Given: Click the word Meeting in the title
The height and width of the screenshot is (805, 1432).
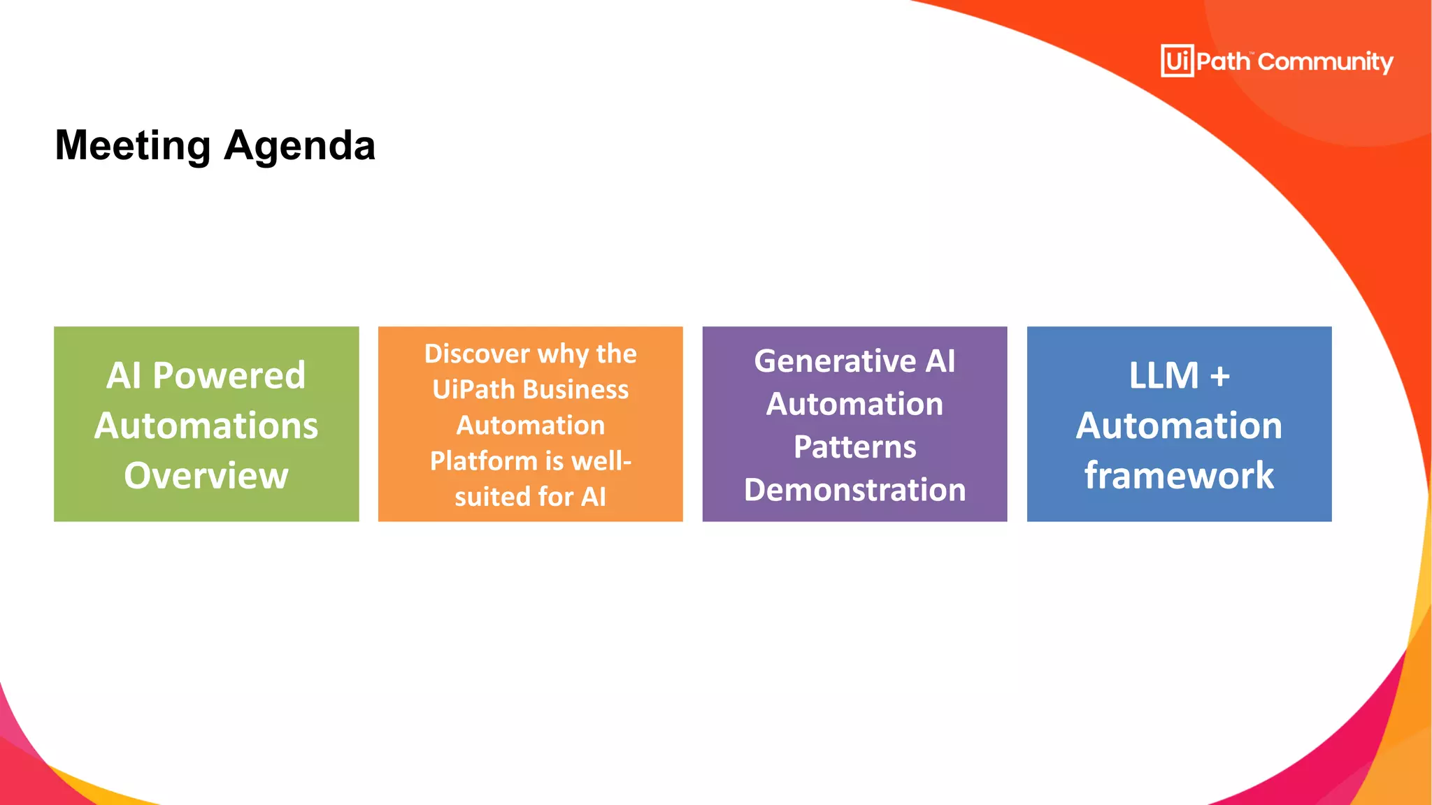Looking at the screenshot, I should coord(133,145).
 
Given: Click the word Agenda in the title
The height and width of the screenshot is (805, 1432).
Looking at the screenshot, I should coord(300,145).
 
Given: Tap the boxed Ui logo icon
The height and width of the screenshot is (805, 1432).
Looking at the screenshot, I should coord(1177,61).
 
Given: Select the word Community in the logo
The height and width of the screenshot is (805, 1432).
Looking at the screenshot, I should coord(1325,62).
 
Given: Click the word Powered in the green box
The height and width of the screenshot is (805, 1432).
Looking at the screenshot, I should coord(229,375).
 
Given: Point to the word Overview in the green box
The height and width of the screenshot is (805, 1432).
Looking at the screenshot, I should coord(206,476).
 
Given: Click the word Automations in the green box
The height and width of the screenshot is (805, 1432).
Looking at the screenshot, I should coord(206,426).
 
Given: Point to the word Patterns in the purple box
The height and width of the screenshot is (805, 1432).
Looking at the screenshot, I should coord(854,447).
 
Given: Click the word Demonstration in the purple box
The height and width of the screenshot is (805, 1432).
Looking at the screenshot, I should coord(854,490).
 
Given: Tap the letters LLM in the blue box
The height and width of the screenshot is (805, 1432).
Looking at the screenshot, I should coord(1163,376).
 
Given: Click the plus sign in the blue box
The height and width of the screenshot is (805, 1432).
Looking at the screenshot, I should coord(1220,377).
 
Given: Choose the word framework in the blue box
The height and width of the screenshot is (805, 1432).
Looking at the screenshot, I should coord(1179,476).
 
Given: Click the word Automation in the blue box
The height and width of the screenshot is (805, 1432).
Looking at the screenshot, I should coord(1179,426).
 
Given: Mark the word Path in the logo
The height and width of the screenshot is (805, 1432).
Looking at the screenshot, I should coord(1223,62).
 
